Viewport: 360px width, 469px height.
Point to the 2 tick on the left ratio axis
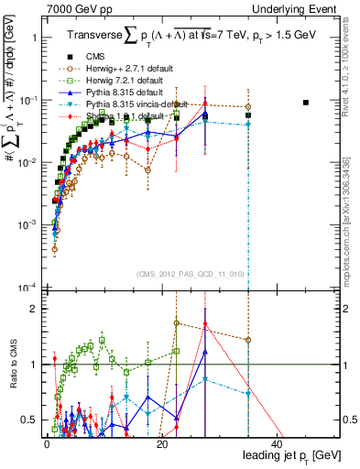click(x=33, y=309)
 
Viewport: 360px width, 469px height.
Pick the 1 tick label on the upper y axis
click(x=34, y=38)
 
